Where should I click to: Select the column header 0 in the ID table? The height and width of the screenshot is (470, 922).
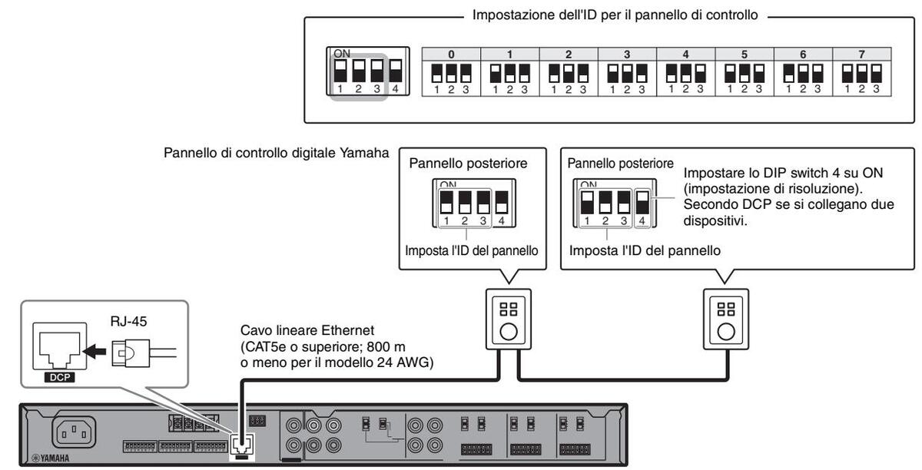[x=451, y=55]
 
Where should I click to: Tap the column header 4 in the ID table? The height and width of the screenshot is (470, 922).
[x=685, y=55]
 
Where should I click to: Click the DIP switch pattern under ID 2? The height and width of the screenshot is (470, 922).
[x=569, y=74]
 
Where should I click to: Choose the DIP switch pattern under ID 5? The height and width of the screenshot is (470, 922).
[x=744, y=74]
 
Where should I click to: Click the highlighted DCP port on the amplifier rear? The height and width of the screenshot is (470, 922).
[x=240, y=444]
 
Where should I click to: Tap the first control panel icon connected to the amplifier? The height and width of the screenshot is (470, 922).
[x=506, y=316]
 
